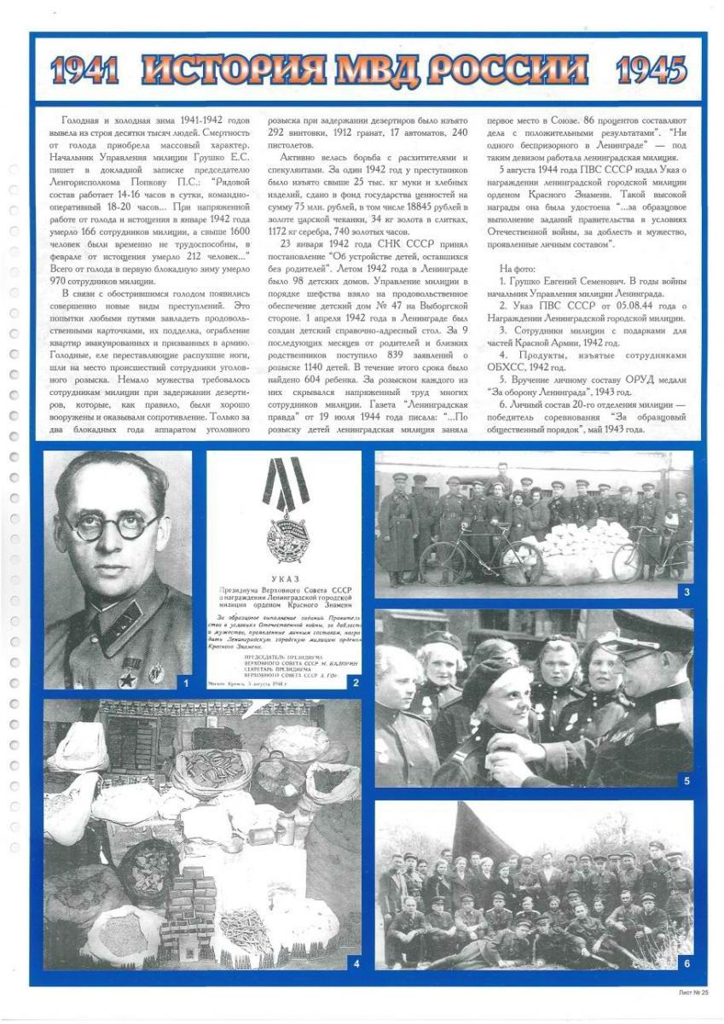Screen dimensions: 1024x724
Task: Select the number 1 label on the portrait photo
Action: pyautogui.click(x=184, y=682)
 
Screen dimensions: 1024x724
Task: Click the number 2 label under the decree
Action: pyautogui.click(x=356, y=682)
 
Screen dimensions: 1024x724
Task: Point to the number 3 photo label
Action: pyautogui.click(x=686, y=591)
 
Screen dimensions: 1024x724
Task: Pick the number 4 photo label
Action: pyautogui.click(x=356, y=963)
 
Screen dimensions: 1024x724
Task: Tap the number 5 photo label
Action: pyautogui.click(x=686, y=780)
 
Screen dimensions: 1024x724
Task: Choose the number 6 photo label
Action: pyautogui.click(x=686, y=963)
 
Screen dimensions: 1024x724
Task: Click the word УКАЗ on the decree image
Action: pyautogui.click(x=283, y=578)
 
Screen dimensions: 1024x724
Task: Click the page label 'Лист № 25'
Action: pyautogui.click(x=692, y=993)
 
